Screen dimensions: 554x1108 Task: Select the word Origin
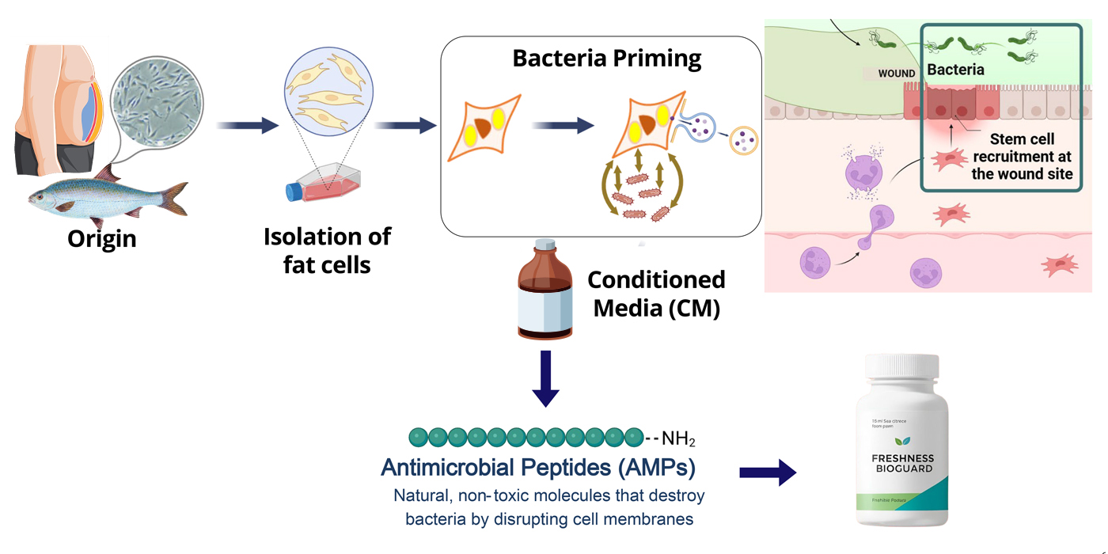point(101,238)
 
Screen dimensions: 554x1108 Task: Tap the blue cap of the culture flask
point(294,191)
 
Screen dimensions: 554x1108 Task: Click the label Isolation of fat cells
point(327,250)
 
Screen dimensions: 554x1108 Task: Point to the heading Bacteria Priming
point(607,59)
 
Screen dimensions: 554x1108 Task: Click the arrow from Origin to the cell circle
point(247,125)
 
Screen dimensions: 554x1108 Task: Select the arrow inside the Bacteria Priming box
point(563,125)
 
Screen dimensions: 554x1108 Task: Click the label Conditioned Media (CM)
point(656,294)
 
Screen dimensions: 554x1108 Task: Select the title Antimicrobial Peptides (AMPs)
point(538,468)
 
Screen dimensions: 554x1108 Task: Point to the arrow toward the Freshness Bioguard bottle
point(767,472)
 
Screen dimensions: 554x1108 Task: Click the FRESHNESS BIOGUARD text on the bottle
point(902,463)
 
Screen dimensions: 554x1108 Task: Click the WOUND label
point(896,74)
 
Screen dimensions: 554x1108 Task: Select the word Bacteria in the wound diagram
point(956,70)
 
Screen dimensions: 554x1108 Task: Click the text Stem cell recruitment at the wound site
point(1022,156)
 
